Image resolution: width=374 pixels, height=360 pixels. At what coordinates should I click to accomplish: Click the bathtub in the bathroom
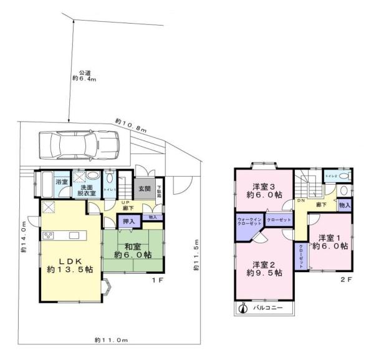point(46,185)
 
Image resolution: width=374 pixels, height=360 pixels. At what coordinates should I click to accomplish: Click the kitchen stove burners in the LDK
point(49,236)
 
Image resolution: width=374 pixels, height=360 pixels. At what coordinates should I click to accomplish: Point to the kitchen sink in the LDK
point(74,235)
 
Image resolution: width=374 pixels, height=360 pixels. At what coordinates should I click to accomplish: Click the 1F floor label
point(158,281)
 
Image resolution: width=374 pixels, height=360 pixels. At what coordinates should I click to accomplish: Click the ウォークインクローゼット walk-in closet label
point(250,224)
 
